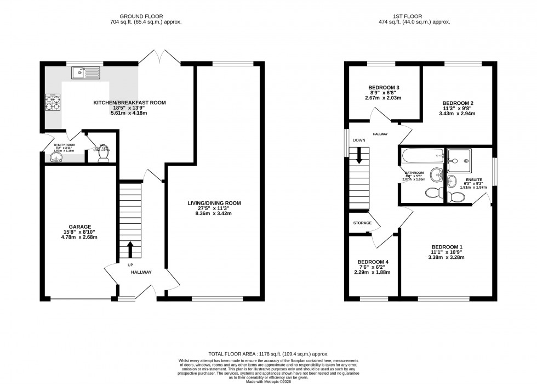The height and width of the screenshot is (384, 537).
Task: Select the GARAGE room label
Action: [79, 226]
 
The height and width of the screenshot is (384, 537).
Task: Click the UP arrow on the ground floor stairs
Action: [130, 249]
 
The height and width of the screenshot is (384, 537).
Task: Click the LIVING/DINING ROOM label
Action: [214, 203]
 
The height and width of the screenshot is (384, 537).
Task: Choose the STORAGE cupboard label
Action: [363, 223]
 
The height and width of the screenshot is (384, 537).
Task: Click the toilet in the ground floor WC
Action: [102, 156]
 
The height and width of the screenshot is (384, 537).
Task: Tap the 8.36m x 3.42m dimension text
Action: [214, 213]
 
